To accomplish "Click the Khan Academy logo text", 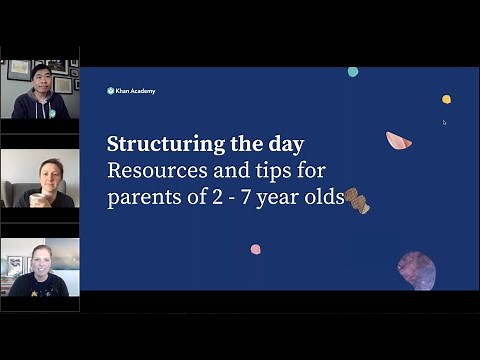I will click(x=135, y=91).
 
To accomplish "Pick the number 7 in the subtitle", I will click(x=270, y=197).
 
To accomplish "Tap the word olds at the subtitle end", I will click(x=327, y=197).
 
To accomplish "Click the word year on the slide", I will click(x=294, y=199).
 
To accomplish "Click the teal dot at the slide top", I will click(x=353, y=72).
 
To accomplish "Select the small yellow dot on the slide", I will click(x=446, y=99).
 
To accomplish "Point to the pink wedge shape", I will click(x=398, y=141).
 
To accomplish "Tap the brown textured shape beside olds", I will click(x=358, y=200).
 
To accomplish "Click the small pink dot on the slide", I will click(x=256, y=249).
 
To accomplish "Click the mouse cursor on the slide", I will click(x=445, y=123).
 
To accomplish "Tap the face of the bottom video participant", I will click(x=41, y=258).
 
